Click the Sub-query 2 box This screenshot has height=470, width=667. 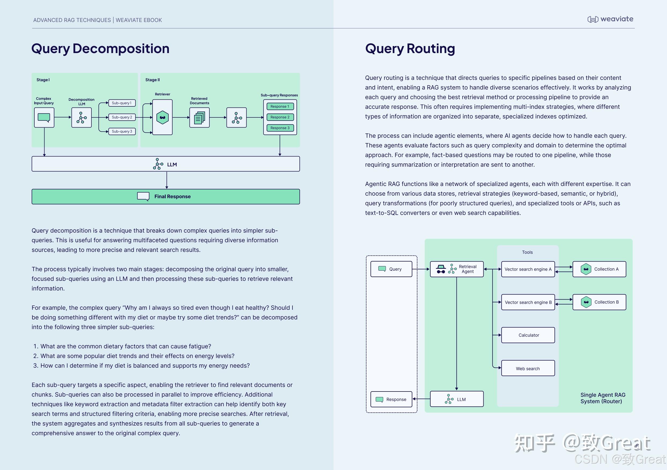click(x=122, y=117)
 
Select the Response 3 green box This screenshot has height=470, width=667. click(x=280, y=128)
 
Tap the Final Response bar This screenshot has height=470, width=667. click(x=166, y=196)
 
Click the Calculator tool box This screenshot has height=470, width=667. click(x=528, y=335)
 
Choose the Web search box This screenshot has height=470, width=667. click(x=528, y=368)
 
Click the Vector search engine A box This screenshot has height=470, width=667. click(x=528, y=269)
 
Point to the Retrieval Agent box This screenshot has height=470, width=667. click(x=457, y=269)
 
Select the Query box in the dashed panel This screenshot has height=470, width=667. click(x=391, y=269)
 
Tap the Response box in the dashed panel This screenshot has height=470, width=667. click(x=391, y=400)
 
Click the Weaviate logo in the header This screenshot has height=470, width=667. click(x=610, y=19)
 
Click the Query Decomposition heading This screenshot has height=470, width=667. click(x=100, y=49)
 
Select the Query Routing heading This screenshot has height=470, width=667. click(x=410, y=49)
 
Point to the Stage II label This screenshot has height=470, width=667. click(x=153, y=80)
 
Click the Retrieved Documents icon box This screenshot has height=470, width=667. click(x=199, y=118)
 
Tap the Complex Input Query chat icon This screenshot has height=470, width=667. click(x=44, y=118)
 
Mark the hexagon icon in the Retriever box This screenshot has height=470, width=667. click(x=162, y=118)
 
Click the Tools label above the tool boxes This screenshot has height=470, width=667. click(x=527, y=252)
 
